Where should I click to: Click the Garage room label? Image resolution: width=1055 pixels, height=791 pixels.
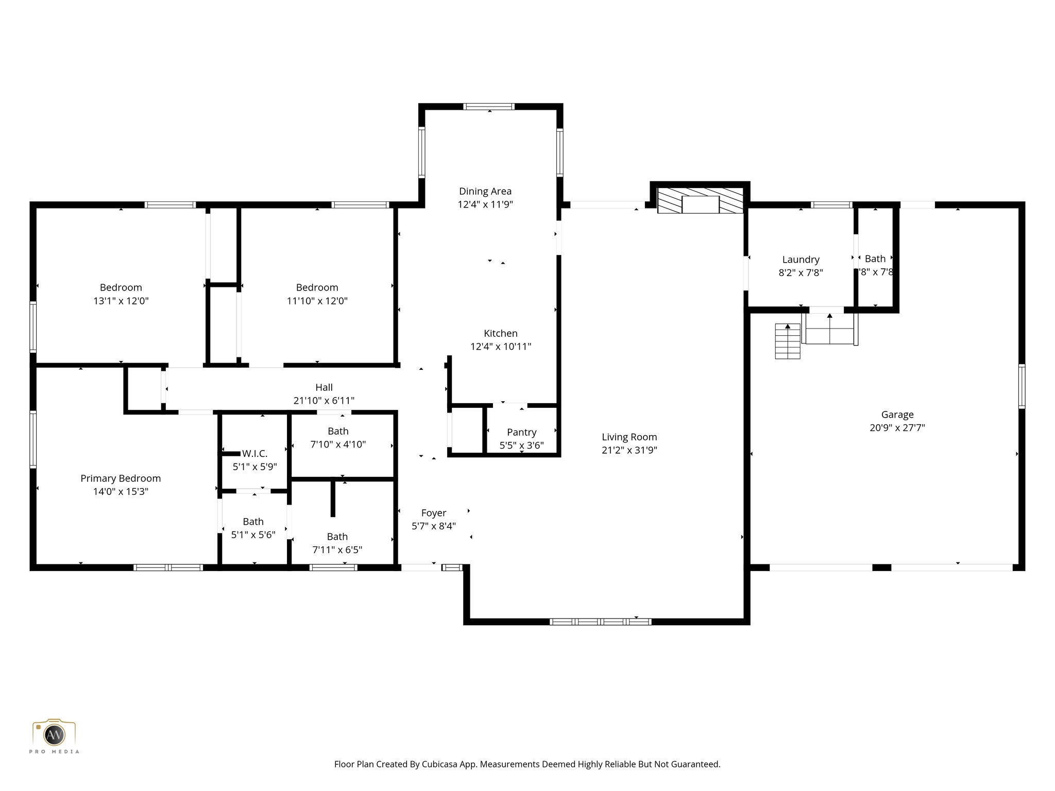click(897, 415)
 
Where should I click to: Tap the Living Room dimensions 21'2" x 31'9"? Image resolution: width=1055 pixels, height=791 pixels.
click(629, 450)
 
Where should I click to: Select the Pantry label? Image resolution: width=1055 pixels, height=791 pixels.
click(521, 432)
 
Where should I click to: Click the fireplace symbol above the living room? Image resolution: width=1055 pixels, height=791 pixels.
click(700, 204)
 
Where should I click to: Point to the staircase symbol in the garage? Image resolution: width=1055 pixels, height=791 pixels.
click(788, 341)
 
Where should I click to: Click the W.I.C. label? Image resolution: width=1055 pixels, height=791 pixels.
click(254, 454)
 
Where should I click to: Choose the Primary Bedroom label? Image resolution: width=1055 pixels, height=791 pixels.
click(121, 478)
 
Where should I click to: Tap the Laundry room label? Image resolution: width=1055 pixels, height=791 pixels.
click(801, 260)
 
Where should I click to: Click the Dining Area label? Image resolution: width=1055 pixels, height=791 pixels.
click(485, 192)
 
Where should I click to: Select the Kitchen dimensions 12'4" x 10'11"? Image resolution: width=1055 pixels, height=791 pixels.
click(500, 347)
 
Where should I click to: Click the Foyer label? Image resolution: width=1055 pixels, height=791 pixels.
click(433, 513)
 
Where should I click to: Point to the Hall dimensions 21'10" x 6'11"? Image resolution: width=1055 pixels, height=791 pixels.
click(324, 401)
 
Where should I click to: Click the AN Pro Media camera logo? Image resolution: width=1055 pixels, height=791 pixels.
click(54, 735)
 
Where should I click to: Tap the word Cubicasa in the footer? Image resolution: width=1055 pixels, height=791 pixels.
click(440, 764)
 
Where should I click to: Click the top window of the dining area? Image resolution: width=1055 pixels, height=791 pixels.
click(488, 107)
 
